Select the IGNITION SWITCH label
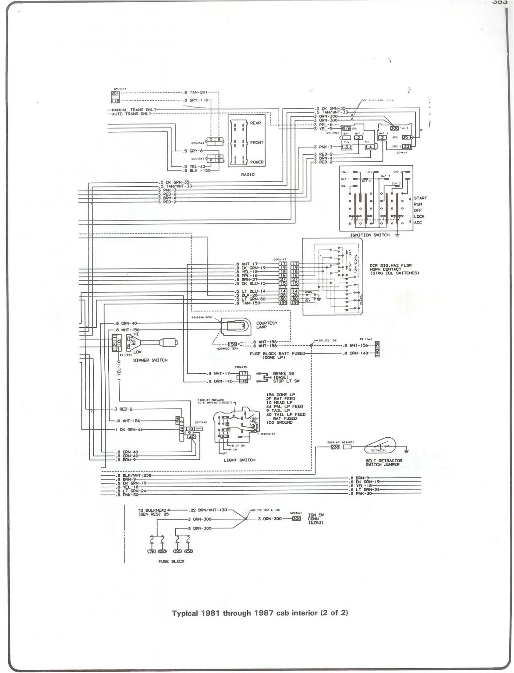coord(368,235)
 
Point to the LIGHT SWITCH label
coord(240,460)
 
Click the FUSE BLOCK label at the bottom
coord(171,561)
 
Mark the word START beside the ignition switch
coord(420,198)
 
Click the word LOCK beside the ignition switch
coord(419,216)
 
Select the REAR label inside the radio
coord(255,123)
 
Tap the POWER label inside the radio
coord(256,162)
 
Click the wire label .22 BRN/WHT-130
coord(209,510)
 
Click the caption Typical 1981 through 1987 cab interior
coord(260,613)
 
